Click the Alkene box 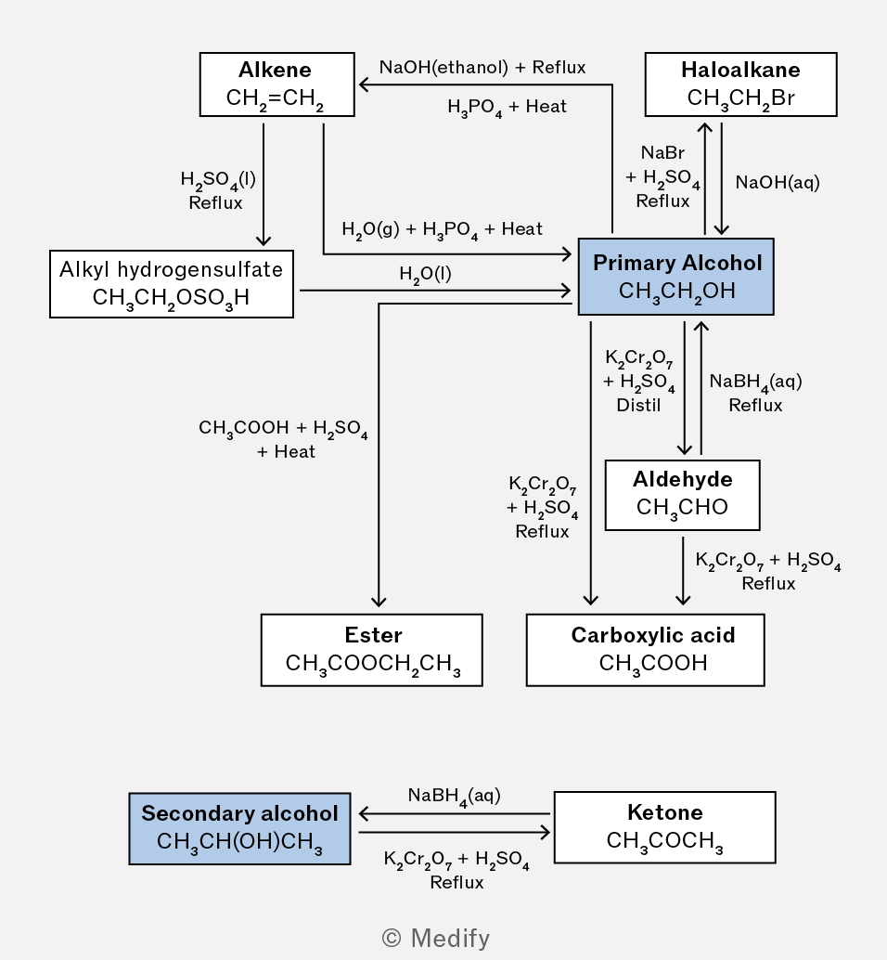tap(277, 84)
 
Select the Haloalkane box tap(740, 84)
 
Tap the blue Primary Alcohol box tap(676, 277)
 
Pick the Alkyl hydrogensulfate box tap(172, 283)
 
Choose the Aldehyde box tap(683, 495)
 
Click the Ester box tap(372, 650)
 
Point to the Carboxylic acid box tap(646, 650)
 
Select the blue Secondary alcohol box tap(239, 829)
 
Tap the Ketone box tap(665, 827)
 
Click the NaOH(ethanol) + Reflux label tap(482, 67)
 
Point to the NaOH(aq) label tap(778, 182)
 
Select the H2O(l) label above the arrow tap(426, 274)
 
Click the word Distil tap(638, 405)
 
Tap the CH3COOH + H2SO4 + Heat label tap(283, 439)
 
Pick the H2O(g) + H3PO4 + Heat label tap(442, 229)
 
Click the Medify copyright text tap(435, 938)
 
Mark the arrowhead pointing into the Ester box tap(379, 602)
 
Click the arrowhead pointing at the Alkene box tap(364, 84)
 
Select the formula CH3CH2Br tap(740, 98)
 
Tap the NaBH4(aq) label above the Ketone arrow tap(455, 796)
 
